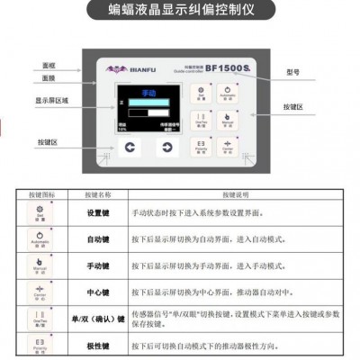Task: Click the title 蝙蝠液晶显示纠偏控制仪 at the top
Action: [x=180, y=13]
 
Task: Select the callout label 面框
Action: [x=49, y=65]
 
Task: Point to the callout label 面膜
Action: [x=49, y=80]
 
